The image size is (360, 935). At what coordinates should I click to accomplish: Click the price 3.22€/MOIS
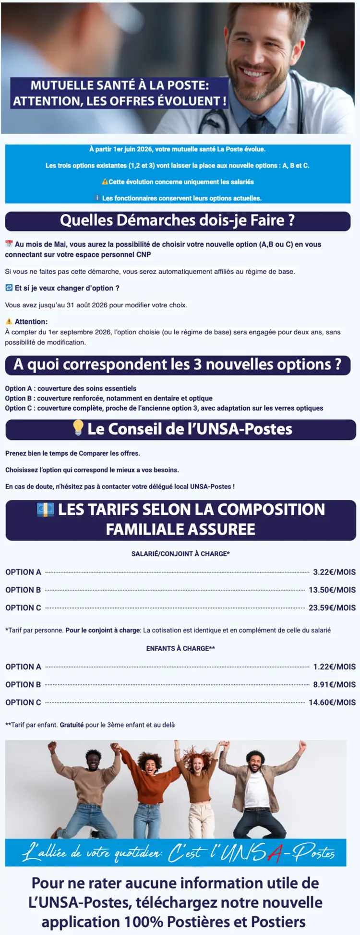point(334,572)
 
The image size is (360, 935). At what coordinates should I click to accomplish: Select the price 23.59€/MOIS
point(332,607)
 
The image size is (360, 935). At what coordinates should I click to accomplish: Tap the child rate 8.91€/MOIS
point(334,684)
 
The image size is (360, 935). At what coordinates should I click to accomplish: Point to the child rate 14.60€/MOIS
point(332,702)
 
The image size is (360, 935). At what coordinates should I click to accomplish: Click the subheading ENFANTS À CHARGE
point(180,648)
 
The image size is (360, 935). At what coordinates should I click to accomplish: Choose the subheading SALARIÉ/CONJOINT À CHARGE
point(180,554)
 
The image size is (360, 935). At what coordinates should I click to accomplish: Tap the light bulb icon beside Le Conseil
point(78,428)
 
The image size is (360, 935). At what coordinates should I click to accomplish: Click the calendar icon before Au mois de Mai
point(9,244)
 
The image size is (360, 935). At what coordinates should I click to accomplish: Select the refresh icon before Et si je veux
point(9,288)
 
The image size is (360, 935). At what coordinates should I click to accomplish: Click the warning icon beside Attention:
point(9,321)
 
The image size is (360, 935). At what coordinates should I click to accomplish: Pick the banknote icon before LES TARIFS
point(46,510)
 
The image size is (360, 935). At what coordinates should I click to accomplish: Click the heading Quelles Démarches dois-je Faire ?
point(177,221)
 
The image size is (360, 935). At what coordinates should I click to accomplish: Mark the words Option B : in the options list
point(20,398)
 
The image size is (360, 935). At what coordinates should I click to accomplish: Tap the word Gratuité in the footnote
point(72,725)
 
